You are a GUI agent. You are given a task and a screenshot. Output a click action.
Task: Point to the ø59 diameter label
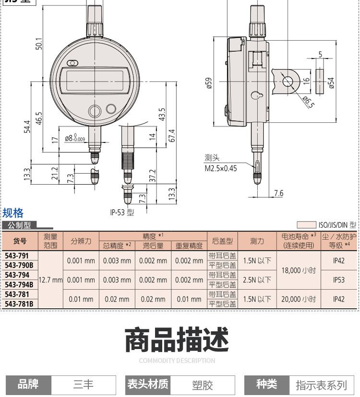pos(208,83)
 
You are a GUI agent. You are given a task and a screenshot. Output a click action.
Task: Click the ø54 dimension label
pos(331,83)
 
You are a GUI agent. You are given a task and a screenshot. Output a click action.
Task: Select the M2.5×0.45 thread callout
pos(221,168)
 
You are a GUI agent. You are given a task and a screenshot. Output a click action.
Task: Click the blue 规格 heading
pos(13,213)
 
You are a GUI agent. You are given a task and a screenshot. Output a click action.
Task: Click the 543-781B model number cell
pos(20,304)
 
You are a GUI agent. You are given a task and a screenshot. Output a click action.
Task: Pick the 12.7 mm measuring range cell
pos(50,280)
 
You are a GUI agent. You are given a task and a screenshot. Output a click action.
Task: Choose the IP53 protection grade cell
pos(339,280)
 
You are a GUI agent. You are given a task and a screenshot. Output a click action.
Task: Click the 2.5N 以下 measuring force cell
pos(257,280)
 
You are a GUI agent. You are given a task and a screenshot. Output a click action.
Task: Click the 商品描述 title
pos(177,340)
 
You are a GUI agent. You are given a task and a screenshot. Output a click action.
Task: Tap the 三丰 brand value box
pos(84,385)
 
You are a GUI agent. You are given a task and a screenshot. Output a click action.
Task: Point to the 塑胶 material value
pos(203,385)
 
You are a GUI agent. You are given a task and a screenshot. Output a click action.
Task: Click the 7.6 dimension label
pos(278,193)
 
